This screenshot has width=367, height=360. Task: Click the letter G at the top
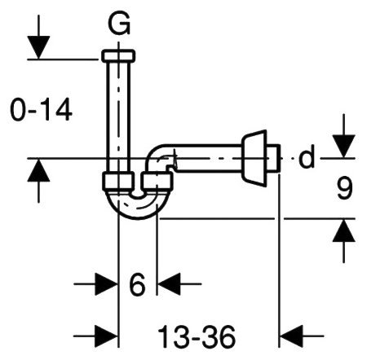click(119, 24)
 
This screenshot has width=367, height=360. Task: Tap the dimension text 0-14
click(41, 110)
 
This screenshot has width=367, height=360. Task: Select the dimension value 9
click(345, 188)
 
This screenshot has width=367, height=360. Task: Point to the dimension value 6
click(137, 284)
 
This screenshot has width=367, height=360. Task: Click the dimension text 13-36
click(197, 337)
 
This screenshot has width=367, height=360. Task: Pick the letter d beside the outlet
click(307, 157)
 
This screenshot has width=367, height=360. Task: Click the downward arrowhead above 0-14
click(38, 47)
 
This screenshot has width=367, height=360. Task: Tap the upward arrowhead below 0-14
click(38, 170)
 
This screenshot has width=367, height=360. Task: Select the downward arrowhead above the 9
click(344, 146)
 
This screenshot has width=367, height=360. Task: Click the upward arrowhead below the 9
click(344, 230)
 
